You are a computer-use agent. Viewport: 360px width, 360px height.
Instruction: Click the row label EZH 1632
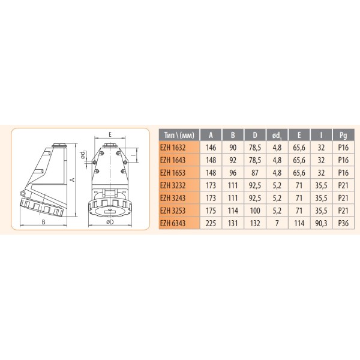tap(178, 147)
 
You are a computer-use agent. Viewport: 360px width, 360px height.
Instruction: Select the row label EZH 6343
tap(178, 224)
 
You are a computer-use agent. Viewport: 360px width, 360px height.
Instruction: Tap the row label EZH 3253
tap(178, 211)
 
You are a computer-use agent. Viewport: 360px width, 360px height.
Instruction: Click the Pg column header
tap(343, 134)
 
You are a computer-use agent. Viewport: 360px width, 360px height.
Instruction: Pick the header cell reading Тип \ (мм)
tap(178, 134)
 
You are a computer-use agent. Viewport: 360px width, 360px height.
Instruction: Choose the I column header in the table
tap(322, 134)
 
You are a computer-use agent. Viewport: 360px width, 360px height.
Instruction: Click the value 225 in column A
tap(211, 224)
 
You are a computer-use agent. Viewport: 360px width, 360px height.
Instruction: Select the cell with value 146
tap(211, 147)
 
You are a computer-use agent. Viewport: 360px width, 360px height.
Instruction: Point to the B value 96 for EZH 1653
tap(234, 173)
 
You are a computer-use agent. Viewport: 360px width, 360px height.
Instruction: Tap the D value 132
tap(256, 224)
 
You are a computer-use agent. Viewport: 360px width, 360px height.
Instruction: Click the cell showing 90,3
tap(322, 224)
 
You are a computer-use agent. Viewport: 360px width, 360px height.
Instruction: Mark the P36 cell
tap(343, 224)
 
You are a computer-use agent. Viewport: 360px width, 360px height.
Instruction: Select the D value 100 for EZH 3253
tap(256, 211)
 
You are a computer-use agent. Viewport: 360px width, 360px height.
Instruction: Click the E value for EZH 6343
tap(299, 224)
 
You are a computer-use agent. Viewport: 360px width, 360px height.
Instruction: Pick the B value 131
tap(234, 224)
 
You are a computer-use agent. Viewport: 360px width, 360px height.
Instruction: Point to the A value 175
tap(211, 211)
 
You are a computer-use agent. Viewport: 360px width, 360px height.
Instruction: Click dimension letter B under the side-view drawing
tap(43, 221)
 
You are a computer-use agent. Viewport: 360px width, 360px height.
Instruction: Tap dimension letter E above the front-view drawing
tap(112, 134)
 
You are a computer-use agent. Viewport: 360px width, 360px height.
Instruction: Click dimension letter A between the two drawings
tap(72, 178)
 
